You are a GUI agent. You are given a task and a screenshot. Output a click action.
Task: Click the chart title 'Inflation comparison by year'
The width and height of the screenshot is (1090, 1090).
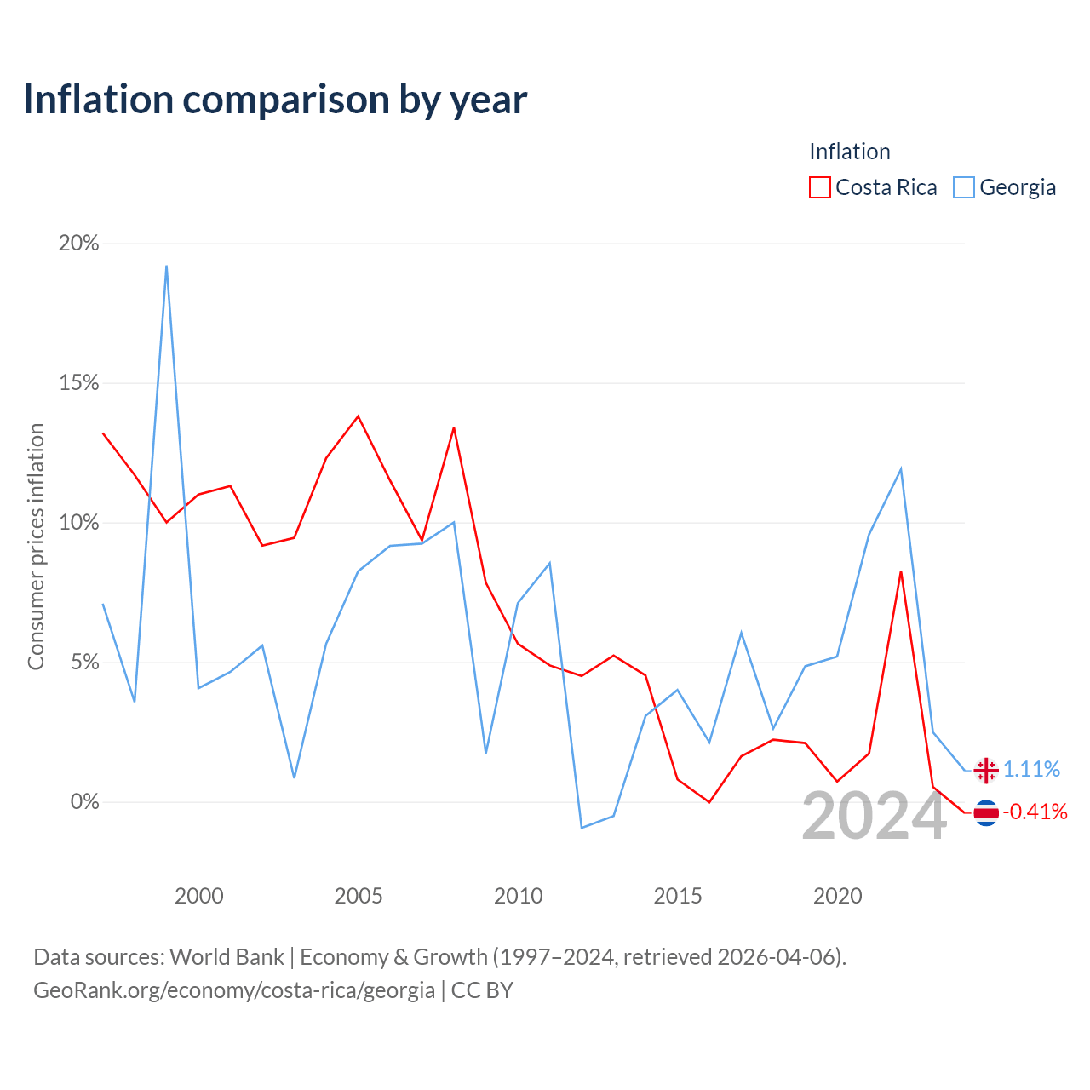[x=275, y=100]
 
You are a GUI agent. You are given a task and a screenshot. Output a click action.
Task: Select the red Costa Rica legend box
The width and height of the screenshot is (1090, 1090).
[x=819, y=187]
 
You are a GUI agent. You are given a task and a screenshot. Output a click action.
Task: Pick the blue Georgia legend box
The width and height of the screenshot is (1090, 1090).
[x=963, y=187]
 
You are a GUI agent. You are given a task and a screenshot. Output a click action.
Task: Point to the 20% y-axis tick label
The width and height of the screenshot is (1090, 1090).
[x=78, y=244]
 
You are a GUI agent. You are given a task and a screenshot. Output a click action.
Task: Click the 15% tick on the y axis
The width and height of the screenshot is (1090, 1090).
[x=78, y=383]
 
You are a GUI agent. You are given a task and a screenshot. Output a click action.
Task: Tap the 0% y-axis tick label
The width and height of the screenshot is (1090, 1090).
[x=84, y=801]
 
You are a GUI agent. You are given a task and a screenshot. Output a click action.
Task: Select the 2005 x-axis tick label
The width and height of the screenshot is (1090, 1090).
[x=358, y=896]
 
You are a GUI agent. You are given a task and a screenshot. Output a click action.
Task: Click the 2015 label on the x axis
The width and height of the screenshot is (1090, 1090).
[x=678, y=896]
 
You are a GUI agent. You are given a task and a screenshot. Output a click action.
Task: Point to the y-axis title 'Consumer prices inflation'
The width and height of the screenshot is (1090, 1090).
[x=36, y=547]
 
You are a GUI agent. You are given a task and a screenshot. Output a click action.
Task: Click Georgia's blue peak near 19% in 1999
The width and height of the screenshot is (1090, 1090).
[x=166, y=266]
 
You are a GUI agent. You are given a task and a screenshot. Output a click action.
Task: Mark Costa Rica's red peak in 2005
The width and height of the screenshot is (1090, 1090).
[x=358, y=416]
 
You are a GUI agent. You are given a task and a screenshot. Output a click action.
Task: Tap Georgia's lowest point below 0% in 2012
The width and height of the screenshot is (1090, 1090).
[x=582, y=828]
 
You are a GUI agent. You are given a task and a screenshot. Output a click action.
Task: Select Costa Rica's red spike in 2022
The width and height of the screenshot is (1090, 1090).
[x=900, y=571]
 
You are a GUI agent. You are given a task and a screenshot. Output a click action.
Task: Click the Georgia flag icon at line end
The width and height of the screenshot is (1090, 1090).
[x=986, y=771]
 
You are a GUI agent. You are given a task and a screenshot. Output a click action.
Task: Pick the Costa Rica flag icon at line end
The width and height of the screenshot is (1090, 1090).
[x=986, y=813]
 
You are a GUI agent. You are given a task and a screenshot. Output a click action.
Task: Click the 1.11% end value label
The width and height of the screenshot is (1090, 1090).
[x=1031, y=769]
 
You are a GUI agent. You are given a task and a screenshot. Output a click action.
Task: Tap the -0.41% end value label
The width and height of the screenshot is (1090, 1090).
[x=1035, y=812]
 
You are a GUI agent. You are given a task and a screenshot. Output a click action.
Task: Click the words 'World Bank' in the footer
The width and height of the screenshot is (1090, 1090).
[x=227, y=957]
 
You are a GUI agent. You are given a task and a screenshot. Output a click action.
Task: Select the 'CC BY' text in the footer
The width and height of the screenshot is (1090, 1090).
[x=482, y=990]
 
